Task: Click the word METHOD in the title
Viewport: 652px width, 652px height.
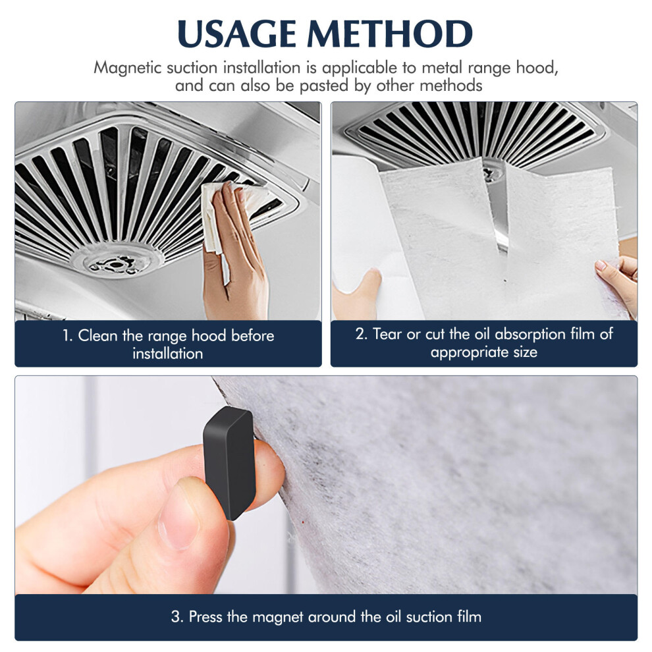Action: pos(390,34)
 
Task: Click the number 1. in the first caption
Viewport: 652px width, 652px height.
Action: pos(68,336)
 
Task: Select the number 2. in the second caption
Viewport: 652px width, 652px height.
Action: pos(361,334)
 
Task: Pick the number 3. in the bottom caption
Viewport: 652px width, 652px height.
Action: pos(177,616)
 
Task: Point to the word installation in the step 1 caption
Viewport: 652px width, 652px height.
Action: pos(168,354)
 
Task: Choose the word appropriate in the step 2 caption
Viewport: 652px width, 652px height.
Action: pos(470,352)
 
